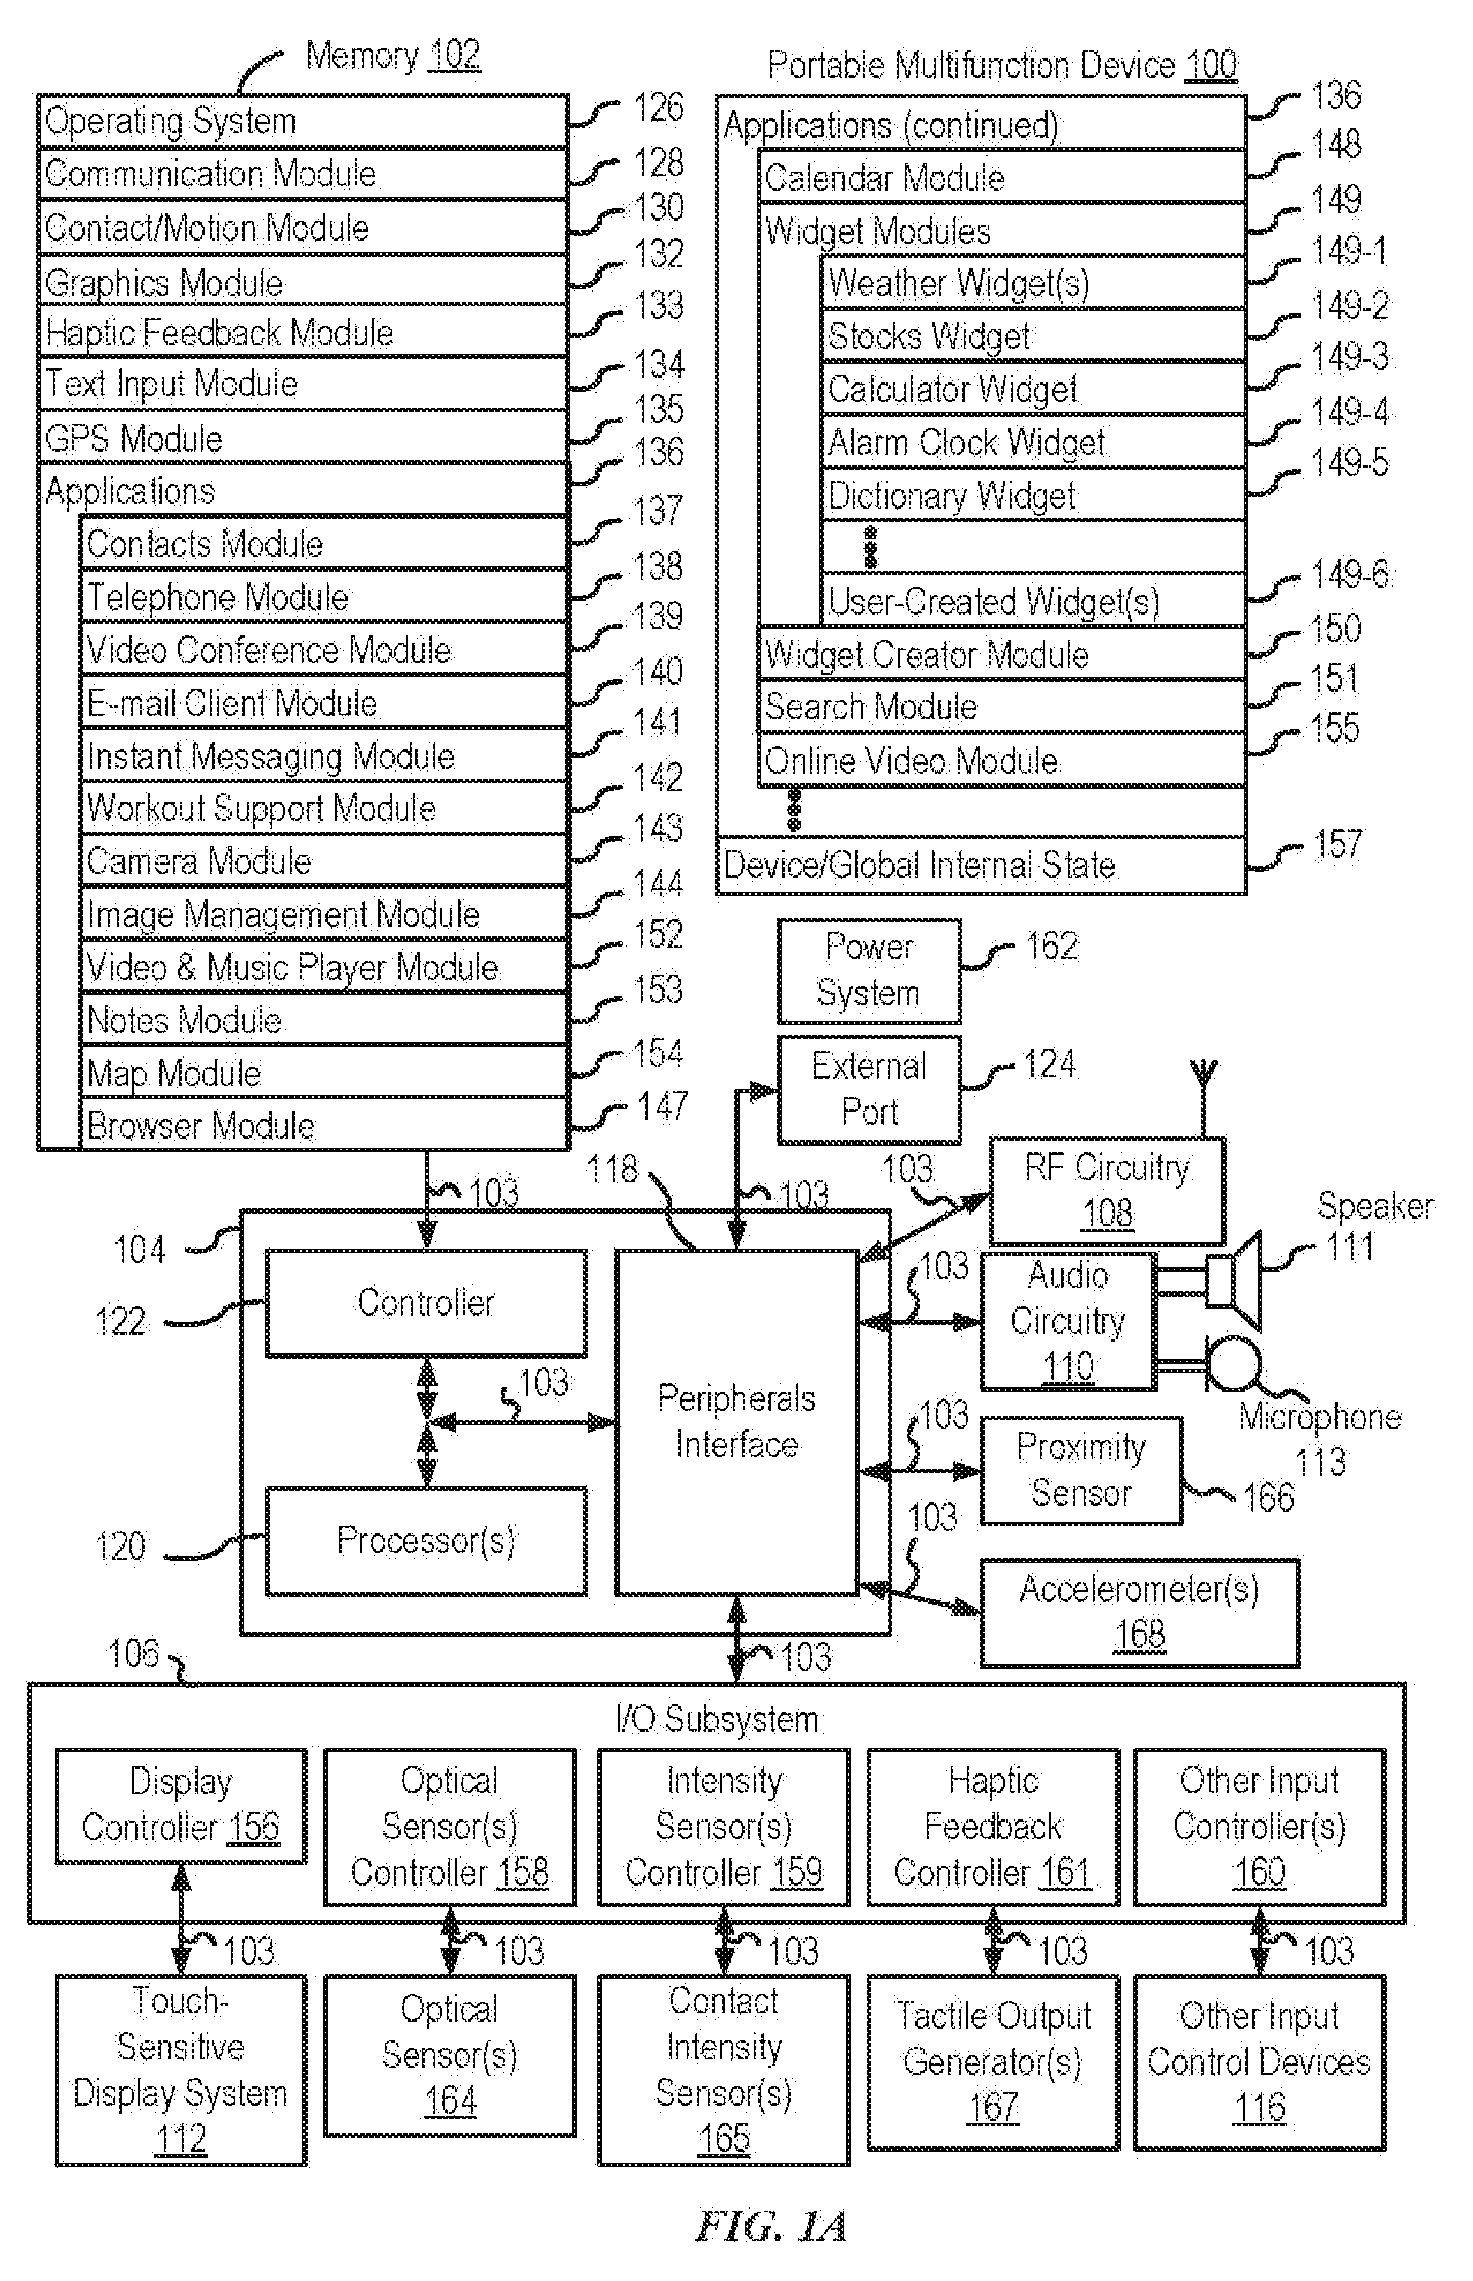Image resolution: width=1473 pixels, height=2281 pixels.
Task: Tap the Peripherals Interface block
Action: [x=737, y=1422]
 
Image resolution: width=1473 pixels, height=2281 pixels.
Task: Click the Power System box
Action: [x=868, y=971]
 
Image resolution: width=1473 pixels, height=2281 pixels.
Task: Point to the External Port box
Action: [x=868, y=1089]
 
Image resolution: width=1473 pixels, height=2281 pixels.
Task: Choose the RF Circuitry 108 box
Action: [x=1107, y=1191]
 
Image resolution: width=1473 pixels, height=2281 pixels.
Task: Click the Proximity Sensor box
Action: [x=1081, y=1470]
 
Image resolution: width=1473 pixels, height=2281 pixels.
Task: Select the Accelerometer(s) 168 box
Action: [x=1139, y=1612]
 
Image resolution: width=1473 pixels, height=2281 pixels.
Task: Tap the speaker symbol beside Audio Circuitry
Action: [x=1234, y=1279]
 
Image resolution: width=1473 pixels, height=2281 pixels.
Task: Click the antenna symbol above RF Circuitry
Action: [x=1205, y=1097]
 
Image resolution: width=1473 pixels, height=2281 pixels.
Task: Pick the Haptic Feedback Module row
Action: [x=303, y=332]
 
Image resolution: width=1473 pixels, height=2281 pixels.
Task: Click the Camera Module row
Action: [x=325, y=860]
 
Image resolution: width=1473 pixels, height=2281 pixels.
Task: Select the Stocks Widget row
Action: [x=1033, y=335]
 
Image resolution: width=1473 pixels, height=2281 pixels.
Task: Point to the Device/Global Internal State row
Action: [x=981, y=865]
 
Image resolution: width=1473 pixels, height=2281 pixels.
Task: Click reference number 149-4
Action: [x=1348, y=412]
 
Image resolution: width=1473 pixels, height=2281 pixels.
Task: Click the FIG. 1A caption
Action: [x=771, y=2227]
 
